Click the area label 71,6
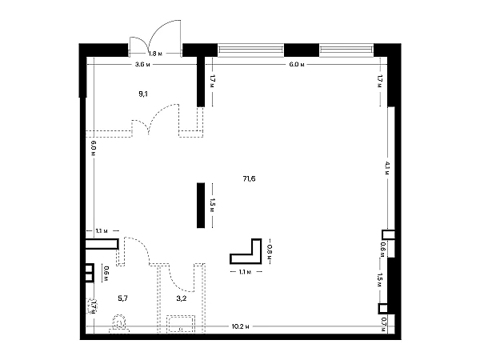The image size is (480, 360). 249,178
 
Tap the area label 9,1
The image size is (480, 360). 143,94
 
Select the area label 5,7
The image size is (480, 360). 122,298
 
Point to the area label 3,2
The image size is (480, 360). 182,298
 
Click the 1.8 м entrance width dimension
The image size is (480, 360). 155,54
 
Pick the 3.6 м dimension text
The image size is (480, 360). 142,65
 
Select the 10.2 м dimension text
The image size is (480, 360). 240,326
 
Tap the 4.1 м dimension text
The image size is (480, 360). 387,168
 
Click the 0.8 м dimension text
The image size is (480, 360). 270,251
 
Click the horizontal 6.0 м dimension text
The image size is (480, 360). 297,65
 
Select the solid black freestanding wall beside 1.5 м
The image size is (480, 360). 201,206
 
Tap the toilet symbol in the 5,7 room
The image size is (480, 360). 119,323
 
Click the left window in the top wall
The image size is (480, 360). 250,50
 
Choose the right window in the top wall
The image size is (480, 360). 346,50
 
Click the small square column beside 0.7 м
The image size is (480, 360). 383,309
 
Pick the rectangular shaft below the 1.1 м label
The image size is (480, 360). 102,244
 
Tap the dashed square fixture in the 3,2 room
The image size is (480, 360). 181,324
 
